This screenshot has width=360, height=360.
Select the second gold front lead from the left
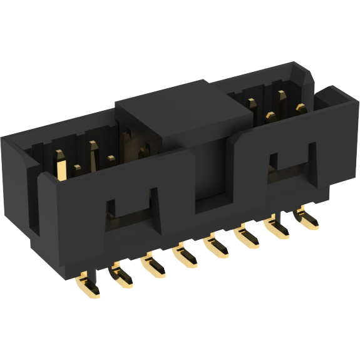(x=120, y=277)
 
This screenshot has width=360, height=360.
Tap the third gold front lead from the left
(x=153, y=266)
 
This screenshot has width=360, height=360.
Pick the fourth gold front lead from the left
(x=185, y=255)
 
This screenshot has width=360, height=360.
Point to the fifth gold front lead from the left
(x=217, y=246)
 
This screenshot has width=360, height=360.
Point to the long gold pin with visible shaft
(x=62, y=167)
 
